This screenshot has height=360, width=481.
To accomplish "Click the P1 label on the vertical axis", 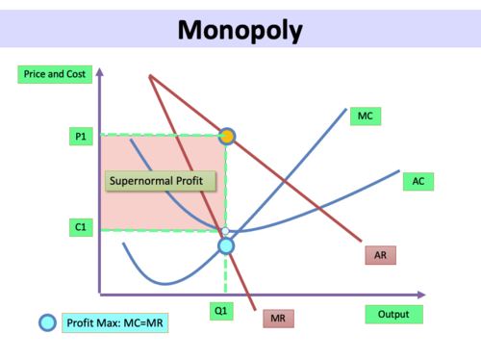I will [79, 138].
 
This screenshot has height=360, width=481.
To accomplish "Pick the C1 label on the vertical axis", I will [79, 227].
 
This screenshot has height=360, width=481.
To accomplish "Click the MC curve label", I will [366, 116].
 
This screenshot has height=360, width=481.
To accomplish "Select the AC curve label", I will [418, 180].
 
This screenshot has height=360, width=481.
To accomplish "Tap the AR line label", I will [381, 255].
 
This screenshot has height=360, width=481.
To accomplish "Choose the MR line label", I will [282, 318].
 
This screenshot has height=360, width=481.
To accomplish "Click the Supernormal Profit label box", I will [160, 181].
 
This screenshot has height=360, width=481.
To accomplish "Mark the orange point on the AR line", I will [226, 137].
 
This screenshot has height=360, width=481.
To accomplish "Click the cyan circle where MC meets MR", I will [226, 245].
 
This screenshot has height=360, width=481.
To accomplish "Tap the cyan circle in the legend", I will [46, 323].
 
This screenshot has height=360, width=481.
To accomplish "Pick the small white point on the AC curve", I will [226, 231].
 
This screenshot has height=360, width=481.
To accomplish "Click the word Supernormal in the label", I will [140, 181].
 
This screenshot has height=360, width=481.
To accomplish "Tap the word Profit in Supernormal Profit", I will [191, 181].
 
